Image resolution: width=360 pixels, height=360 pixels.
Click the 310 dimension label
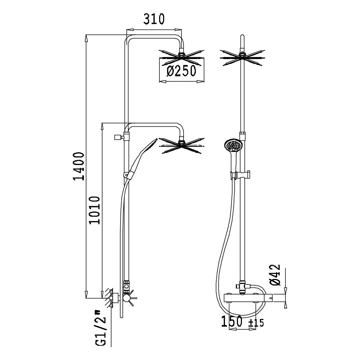pyautogui.click(x=154, y=19)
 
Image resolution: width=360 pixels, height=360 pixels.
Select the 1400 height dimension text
pyautogui.click(x=79, y=166)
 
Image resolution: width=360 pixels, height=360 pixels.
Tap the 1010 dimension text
pyautogui.click(x=95, y=210)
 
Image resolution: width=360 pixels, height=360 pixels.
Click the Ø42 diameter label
pyautogui.click(x=275, y=275)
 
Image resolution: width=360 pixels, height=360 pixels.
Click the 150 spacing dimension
pyautogui.click(x=231, y=321)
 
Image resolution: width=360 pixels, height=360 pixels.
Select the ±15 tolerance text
pyautogui.click(x=256, y=323)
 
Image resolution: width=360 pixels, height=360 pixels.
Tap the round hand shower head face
pyautogui.click(x=233, y=145)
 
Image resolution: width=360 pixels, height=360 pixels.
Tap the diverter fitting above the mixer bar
pyautogui.click(x=242, y=287)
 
